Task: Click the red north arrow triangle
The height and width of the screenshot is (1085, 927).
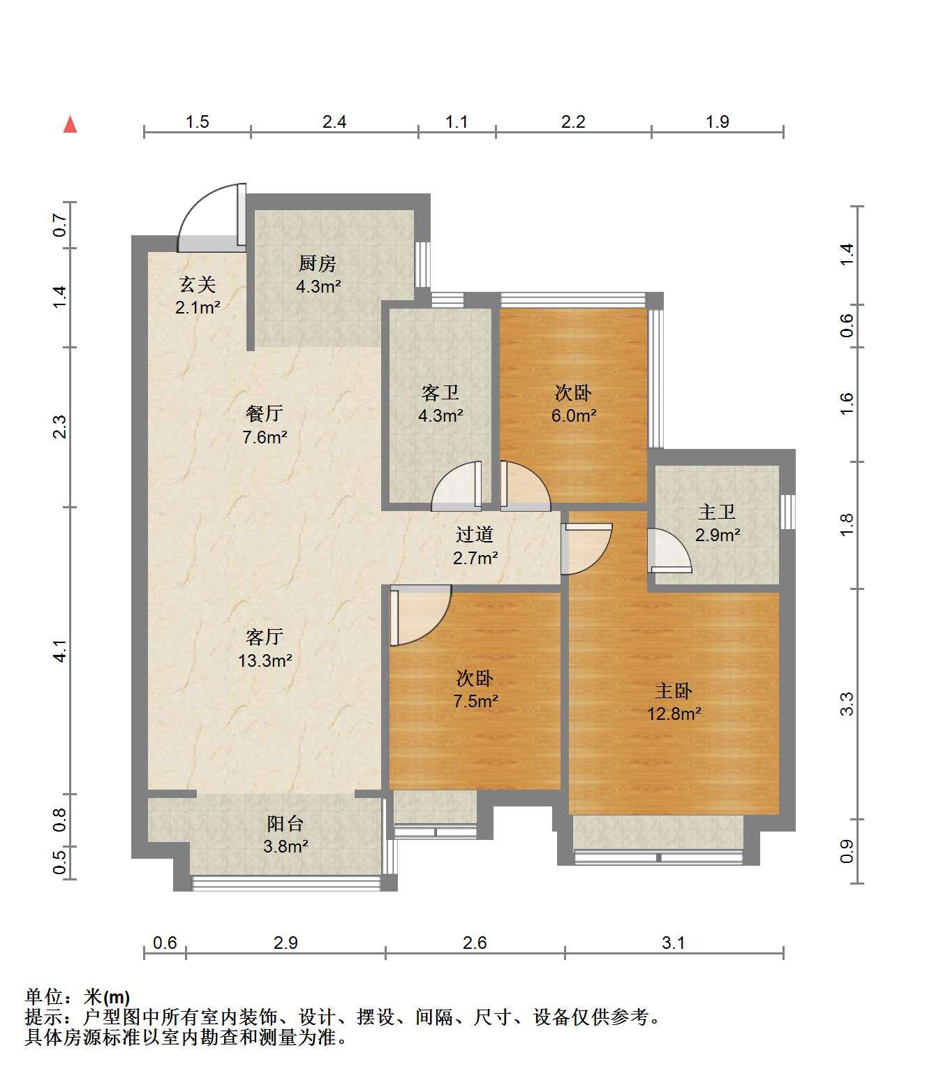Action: (x=70, y=125)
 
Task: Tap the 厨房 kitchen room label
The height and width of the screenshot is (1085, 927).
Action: (x=318, y=263)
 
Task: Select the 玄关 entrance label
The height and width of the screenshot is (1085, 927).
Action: (x=198, y=284)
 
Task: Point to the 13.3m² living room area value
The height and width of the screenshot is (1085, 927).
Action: (x=265, y=660)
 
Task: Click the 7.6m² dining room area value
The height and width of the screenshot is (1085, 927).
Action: (x=265, y=437)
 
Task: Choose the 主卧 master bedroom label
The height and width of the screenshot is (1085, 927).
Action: (x=674, y=691)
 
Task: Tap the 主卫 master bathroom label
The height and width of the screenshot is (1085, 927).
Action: (x=717, y=512)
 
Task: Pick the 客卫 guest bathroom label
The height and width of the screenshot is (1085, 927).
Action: (x=440, y=392)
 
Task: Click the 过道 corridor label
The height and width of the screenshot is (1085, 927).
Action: (x=475, y=534)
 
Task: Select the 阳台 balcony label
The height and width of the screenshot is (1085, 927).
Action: (x=285, y=824)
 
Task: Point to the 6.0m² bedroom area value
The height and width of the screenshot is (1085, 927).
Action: (x=574, y=415)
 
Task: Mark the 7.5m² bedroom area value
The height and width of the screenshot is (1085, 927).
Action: (x=475, y=701)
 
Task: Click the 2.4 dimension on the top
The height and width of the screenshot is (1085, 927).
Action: (x=334, y=121)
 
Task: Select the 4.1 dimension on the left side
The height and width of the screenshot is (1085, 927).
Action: (x=60, y=651)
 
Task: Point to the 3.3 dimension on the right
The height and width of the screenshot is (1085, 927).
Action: (x=847, y=704)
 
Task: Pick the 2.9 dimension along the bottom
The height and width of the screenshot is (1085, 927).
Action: (x=285, y=943)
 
